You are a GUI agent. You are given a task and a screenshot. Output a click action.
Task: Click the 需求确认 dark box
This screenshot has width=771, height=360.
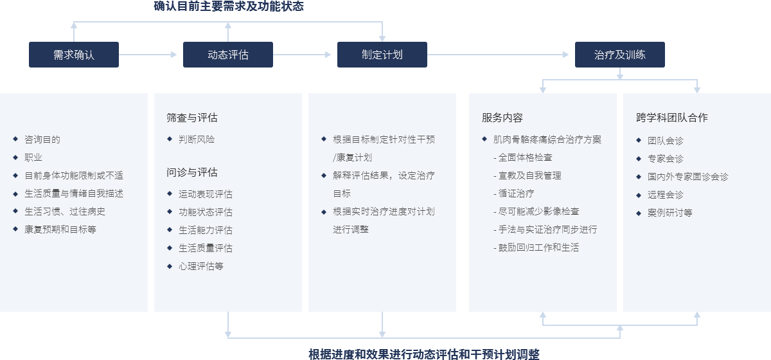point(74,55)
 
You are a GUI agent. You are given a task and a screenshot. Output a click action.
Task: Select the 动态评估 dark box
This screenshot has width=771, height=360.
point(228,55)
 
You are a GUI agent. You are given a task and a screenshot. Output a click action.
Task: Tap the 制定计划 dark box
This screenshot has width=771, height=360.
point(382,55)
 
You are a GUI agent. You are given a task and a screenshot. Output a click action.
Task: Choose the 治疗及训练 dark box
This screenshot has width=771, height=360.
point(620,55)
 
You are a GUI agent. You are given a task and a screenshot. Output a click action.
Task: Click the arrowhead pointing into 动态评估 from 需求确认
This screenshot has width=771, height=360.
point(174,55)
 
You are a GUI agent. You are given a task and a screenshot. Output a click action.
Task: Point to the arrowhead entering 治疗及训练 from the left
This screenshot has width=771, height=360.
point(565,55)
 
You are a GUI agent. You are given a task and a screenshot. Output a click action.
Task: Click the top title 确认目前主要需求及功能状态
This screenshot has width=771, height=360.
point(229,6)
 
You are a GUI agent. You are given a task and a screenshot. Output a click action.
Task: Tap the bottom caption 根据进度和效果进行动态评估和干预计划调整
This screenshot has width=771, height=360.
point(424,354)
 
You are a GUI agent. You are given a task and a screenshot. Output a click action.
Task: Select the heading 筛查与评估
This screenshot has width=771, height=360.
point(191,118)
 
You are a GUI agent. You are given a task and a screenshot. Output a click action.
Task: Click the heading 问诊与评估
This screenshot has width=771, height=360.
point(191,172)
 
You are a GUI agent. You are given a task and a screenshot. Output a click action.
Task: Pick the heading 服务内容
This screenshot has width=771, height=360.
point(502,118)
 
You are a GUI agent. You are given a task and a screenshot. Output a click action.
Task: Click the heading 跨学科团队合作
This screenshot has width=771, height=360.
point(672,118)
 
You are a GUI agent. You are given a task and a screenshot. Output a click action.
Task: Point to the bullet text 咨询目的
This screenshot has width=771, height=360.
point(42,139)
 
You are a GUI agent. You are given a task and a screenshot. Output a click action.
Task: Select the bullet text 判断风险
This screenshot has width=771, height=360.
point(197,139)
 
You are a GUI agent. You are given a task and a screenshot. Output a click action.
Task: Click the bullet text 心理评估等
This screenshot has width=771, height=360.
point(201,266)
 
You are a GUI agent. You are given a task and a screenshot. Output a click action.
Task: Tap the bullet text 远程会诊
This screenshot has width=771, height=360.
point(666,195)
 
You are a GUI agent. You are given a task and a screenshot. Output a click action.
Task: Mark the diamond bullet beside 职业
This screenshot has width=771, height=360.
point(15,157)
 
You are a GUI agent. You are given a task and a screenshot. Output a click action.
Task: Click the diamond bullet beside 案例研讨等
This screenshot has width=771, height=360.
point(639,213)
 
